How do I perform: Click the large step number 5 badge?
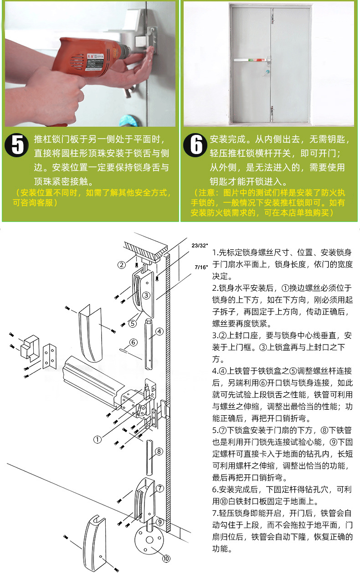(x=16, y=145)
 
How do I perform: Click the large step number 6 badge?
(x=195, y=145)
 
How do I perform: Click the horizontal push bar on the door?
(x=252, y=60)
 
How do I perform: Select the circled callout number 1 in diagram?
(x=98, y=439)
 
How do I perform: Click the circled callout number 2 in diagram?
(x=122, y=265)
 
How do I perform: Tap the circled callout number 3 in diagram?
(x=146, y=295)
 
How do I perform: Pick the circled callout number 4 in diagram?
(x=159, y=331)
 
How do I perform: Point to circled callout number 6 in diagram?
(x=133, y=342)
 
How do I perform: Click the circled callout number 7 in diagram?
(x=160, y=489)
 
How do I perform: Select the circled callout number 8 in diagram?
(x=159, y=451)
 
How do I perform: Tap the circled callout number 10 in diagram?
(x=166, y=558)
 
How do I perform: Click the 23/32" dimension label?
(x=200, y=246)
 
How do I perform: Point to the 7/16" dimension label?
(x=201, y=267)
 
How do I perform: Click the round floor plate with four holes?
(x=149, y=540)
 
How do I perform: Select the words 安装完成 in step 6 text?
(x=227, y=139)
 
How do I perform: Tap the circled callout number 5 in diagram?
(x=133, y=324)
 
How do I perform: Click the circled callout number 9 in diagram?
(x=159, y=522)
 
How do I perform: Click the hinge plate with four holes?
(x=50, y=356)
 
